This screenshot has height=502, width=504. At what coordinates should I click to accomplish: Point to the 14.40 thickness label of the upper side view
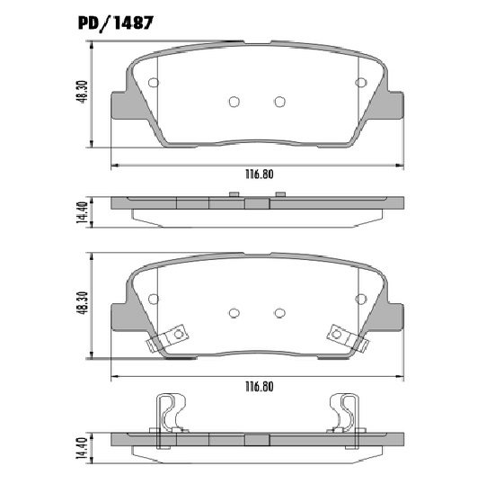click(81, 211)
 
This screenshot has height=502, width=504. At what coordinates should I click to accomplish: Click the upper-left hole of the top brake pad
click(153, 83)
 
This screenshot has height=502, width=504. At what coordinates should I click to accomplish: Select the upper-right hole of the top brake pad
click(361, 83)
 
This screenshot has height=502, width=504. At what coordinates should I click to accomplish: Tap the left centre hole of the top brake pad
click(234, 101)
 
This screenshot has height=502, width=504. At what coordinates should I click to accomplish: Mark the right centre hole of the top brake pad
click(279, 101)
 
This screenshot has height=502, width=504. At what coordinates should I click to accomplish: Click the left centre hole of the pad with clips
click(234, 312)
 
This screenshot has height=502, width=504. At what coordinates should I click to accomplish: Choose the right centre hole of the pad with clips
click(279, 312)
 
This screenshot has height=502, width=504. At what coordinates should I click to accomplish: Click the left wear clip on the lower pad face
click(167, 336)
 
